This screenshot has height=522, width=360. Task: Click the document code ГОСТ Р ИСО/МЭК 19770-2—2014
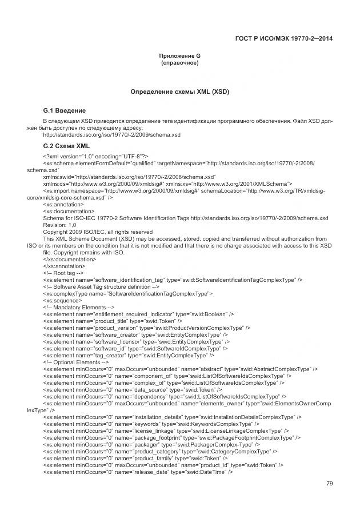pos(284,38)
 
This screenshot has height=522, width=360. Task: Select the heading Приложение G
pos(179,55)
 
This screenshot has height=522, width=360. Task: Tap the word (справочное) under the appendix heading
pos(179,62)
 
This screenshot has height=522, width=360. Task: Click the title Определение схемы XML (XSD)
pos(179,91)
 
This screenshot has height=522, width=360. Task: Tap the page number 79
pos(329,484)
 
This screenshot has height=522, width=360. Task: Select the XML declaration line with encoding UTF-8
pos(96,156)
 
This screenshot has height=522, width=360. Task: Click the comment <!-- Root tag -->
pos(64,273)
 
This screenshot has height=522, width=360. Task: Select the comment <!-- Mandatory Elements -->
pos(75,307)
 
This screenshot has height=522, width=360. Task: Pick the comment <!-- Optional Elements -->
pos(73,361)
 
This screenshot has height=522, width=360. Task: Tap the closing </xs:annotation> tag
pos(64,266)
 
